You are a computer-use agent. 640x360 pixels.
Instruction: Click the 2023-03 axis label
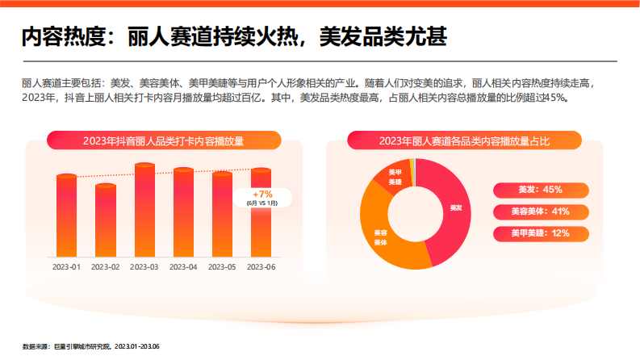[x=144, y=266]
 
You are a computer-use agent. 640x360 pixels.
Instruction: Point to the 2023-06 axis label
[x=261, y=266]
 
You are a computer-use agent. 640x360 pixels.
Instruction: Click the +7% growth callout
[x=262, y=198]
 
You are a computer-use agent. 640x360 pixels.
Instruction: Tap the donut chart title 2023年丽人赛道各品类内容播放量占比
[x=464, y=141]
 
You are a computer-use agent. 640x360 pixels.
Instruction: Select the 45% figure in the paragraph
[x=555, y=97]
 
